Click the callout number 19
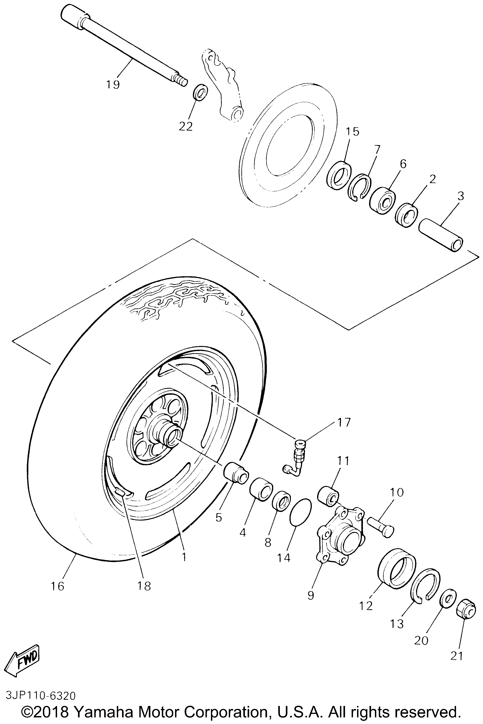[x=113, y=84]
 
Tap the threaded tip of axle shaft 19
[x=181, y=81]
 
